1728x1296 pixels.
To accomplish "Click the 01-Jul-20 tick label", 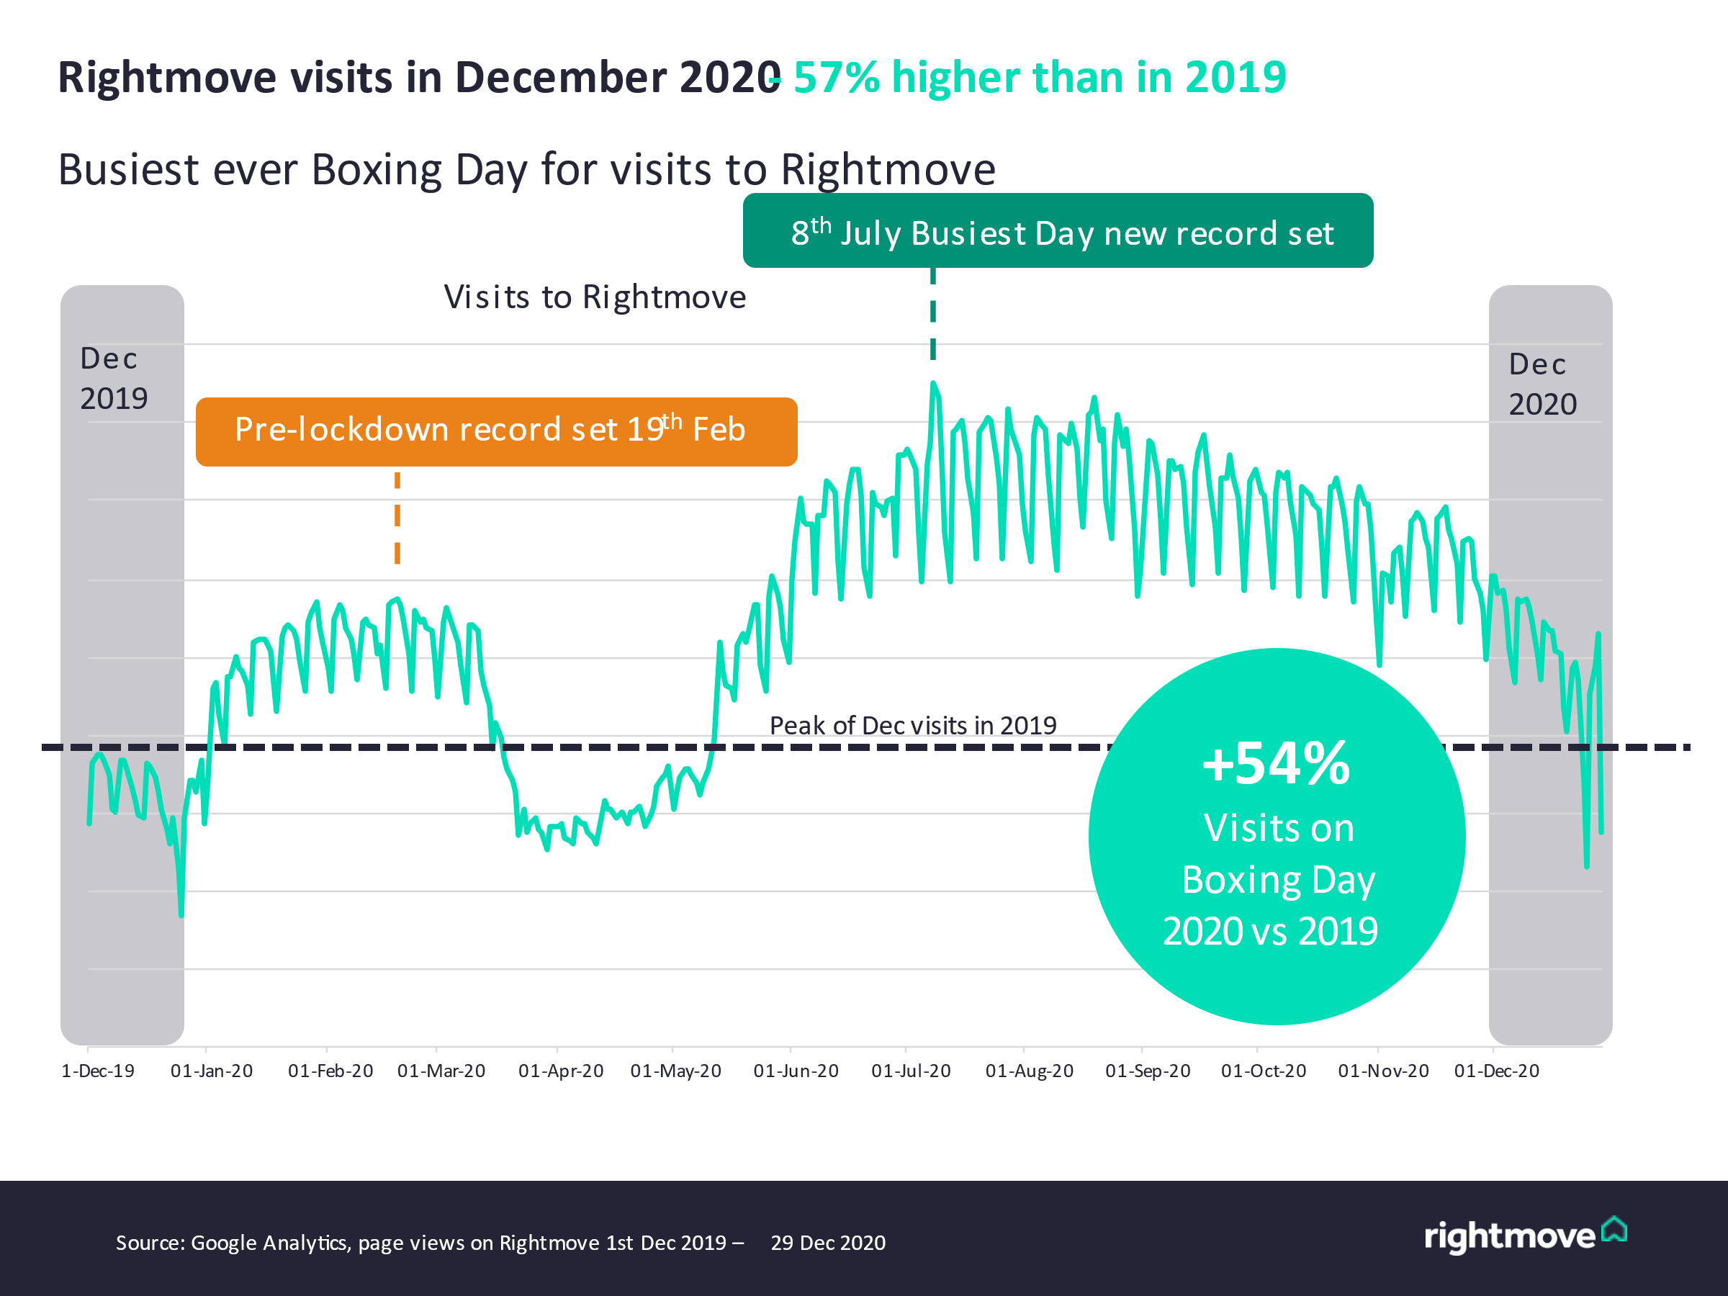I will point(911,1071).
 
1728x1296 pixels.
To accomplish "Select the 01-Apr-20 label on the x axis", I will point(561,1071).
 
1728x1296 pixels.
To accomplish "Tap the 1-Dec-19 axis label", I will point(98,1071).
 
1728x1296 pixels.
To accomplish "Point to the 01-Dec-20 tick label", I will point(1496,1071).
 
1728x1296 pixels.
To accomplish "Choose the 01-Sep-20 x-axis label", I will point(1148,1071).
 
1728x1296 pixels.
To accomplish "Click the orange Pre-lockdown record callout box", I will point(496,432).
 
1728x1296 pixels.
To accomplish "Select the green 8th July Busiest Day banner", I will point(1058,231).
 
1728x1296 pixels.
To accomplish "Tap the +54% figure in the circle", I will point(1276,764).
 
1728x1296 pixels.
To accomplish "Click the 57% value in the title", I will point(837,77).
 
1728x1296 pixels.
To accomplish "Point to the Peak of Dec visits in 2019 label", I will point(912,726).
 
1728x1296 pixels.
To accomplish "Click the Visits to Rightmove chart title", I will point(595,297).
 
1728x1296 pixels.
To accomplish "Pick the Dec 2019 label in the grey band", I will point(113,379).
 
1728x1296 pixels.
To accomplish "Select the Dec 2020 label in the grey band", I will point(1542,384).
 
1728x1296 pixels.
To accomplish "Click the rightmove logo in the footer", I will point(1524,1236).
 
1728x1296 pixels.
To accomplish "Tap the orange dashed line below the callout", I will point(397,517).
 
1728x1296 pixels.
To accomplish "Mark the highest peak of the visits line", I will point(932,384).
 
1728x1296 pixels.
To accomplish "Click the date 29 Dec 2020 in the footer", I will point(828,1243).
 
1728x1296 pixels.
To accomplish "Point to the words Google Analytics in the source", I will point(269,1243).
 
